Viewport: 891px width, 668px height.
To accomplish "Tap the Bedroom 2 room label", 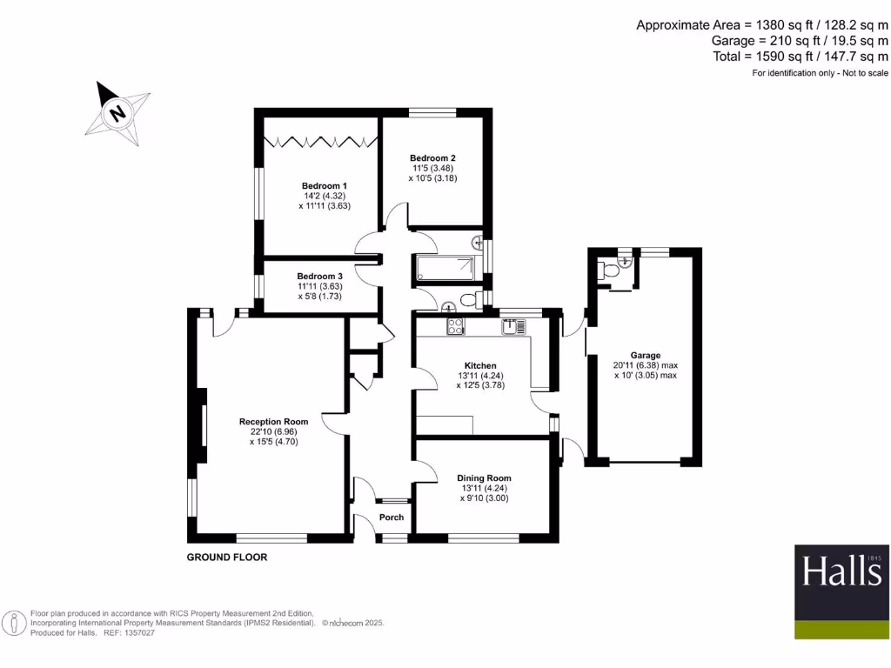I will tap(432, 157).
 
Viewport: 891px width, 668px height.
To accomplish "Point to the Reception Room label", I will tap(274, 422).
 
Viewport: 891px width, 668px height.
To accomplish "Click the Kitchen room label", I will tap(480, 365).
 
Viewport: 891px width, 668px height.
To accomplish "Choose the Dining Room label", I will tap(484, 478).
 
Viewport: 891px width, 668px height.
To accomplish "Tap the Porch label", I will tap(392, 518).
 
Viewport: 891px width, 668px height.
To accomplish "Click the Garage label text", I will tap(646, 355).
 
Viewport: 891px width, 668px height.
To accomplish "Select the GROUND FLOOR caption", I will tap(227, 557).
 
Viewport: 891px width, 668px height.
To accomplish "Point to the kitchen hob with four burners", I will tap(455, 326).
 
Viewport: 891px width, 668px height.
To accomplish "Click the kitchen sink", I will tap(512, 327).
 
